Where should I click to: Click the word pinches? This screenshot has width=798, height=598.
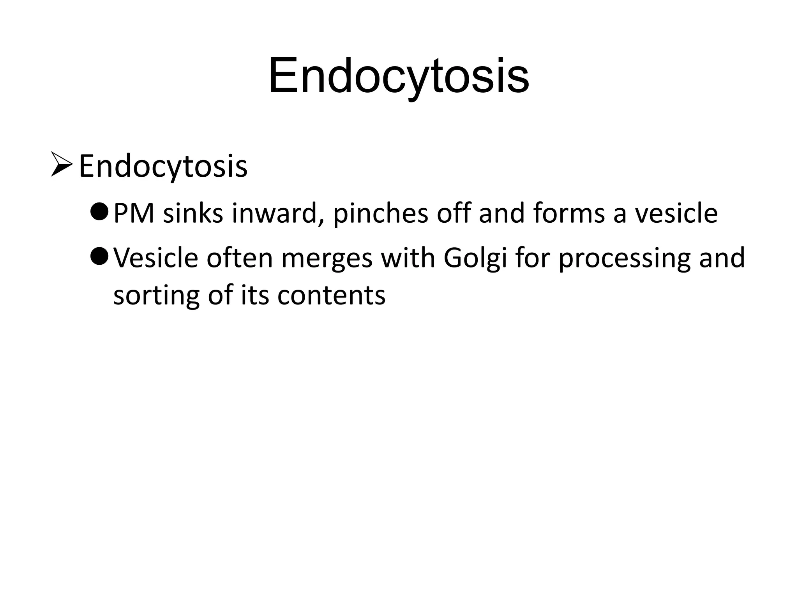(x=380, y=214)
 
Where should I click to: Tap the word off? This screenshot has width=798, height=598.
(x=453, y=214)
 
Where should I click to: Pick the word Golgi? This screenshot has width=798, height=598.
(x=475, y=259)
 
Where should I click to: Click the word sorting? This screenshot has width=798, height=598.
(x=156, y=295)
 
